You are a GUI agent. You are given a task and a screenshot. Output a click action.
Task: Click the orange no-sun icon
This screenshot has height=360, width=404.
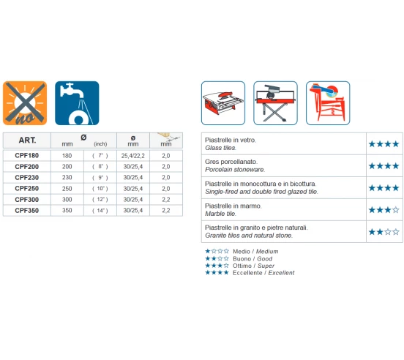(25, 103)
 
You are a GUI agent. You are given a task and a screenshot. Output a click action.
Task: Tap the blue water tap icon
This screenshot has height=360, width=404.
(77, 103)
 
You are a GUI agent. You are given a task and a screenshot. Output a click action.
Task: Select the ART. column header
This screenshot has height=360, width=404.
(27, 140)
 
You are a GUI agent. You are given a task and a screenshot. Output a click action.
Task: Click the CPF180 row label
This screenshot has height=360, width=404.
(27, 156)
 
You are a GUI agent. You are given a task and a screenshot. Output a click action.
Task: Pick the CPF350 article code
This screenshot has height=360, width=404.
(27, 211)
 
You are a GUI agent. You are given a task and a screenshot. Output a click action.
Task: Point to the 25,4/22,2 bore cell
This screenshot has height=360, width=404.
(133, 156)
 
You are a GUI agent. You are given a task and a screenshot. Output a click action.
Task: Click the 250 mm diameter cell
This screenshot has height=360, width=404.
(67, 189)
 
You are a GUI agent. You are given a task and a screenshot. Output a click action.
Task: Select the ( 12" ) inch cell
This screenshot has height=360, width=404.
(100, 200)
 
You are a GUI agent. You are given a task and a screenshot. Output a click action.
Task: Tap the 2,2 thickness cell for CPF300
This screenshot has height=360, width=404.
(166, 200)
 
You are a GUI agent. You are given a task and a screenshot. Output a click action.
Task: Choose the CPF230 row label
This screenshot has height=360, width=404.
(27, 177)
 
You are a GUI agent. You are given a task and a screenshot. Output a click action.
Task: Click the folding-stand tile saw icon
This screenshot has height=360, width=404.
(275, 103)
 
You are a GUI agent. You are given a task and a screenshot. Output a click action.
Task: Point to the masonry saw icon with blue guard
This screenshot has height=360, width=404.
(328, 103)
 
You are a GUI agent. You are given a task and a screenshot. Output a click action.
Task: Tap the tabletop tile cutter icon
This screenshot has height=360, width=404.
(223, 103)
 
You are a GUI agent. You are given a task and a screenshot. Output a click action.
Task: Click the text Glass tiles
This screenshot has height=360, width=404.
(220, 148)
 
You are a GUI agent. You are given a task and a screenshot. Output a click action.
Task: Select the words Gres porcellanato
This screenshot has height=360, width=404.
(231, 162)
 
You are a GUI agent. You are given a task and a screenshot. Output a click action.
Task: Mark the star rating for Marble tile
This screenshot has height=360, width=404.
(384, 210)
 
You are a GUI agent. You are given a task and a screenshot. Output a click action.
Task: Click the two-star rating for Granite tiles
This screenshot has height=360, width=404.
(384, 232)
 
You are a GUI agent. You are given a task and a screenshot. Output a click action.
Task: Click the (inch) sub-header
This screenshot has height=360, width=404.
(100, 144)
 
